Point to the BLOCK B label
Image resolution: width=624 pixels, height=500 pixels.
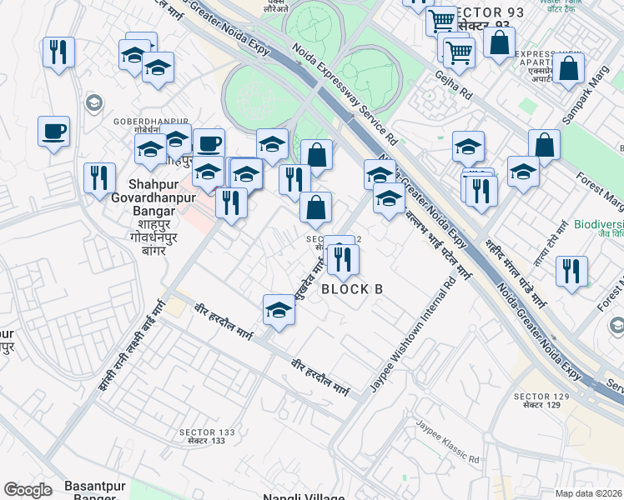click(x=352, y=289)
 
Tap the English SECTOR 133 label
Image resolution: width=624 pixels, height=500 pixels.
click(x=207, y=432)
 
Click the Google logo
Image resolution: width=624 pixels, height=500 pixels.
click(x=28, y=490)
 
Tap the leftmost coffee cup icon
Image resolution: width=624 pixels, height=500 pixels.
click(x=53, y=131)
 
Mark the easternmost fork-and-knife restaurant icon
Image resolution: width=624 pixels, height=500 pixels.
click(x=571, y=270)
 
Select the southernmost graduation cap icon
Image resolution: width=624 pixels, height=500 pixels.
click(x=279, y=310)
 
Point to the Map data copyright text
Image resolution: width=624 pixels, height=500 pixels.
click(x=589, y=493)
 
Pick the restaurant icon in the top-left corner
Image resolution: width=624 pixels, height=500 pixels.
click(x=58, y=52)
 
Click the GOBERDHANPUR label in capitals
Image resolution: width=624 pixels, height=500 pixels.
click(x=141, y=121)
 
